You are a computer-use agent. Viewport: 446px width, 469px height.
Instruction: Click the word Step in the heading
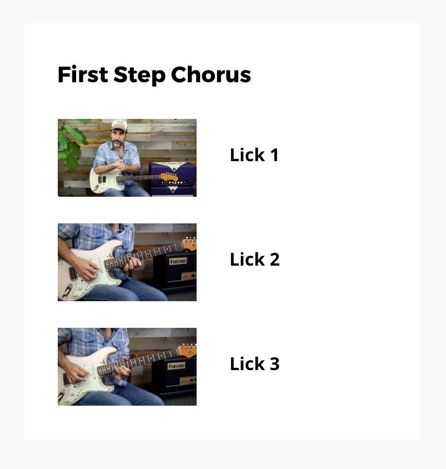tap(139, 75)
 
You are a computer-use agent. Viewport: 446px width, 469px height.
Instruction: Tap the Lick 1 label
tap(254, 155)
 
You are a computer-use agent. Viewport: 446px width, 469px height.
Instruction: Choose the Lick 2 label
tap(255, 260)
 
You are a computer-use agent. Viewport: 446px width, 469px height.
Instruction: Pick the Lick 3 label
tap(255, 364)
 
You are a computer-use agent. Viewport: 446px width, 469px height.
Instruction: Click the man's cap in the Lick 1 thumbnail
tap(119, 126)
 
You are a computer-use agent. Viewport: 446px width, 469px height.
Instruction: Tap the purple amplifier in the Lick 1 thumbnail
tap(173, 178)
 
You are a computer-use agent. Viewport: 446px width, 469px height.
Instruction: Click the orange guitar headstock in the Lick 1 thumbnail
tap(169, 177)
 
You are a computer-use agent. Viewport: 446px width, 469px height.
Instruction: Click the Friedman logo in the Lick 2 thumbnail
tap(178, 261)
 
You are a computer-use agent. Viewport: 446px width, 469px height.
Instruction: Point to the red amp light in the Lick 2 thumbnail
tap(189, 276)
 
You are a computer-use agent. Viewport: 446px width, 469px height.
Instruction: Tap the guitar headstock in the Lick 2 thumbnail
tap(189, 243)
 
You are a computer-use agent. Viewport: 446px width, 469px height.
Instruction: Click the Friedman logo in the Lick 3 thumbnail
tap(176, 366)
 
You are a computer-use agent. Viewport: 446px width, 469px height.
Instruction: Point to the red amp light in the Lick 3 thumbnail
tap(188, 380)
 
